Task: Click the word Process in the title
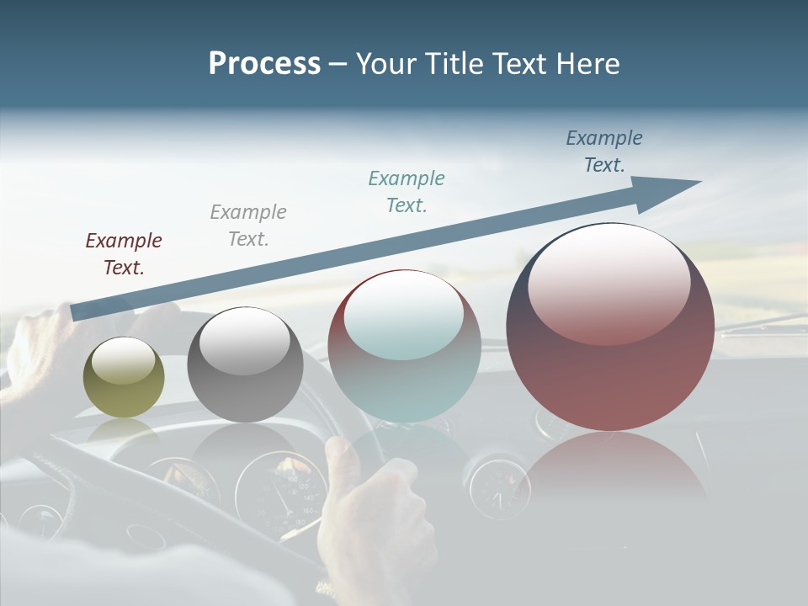[264, 64]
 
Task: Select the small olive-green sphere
[124, 378]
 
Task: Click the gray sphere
[245, 365]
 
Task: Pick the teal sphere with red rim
[404, 346]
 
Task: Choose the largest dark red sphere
[610, 327]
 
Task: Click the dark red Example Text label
[124, 254]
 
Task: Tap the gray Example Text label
[248, 226]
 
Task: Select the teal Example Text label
[407, 192]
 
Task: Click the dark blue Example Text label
[604, 151]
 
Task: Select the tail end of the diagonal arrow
[76, 312]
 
